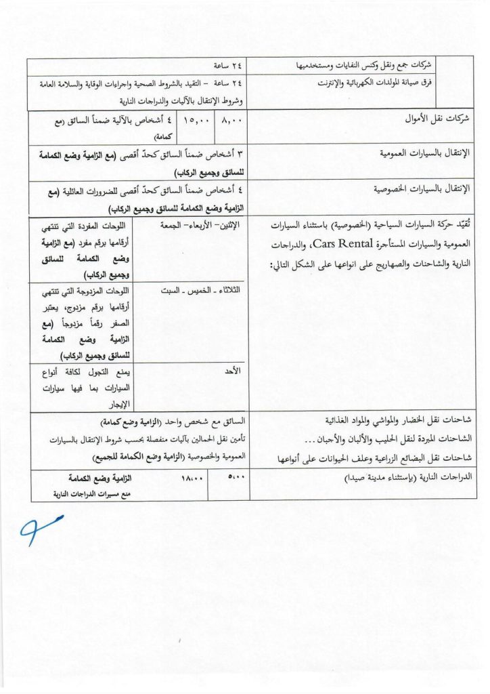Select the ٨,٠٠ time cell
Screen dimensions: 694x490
click(x=231, y=125)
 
